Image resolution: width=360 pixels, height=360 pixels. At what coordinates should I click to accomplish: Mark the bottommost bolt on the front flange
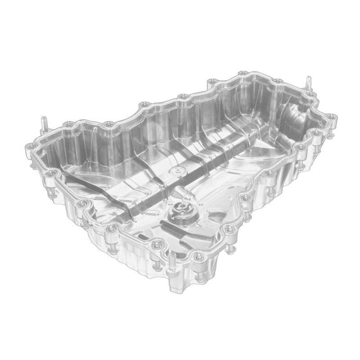pyautogui.click(x=198, y=257)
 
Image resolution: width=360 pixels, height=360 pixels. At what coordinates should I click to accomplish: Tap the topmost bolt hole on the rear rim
pyautogui.click(x=243, y=73)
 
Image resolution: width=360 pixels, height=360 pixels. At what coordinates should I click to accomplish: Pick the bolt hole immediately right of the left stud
pyautogui.click(x=67, y=124)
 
